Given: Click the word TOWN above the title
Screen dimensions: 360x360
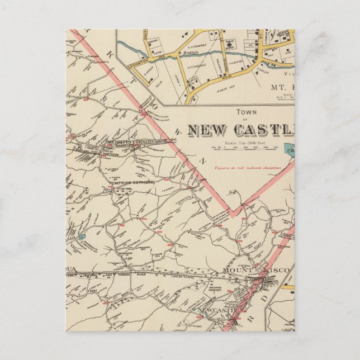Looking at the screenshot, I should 242,112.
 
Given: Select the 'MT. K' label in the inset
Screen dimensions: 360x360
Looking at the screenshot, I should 283,87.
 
